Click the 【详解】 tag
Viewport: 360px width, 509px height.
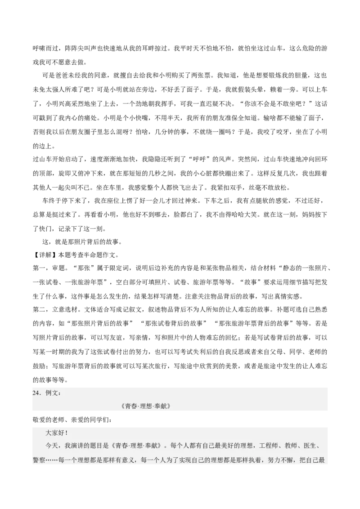(x=43, y=255)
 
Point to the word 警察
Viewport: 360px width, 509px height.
(x=39, y=460)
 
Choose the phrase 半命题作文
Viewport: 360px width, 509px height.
(x=93, y=255)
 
